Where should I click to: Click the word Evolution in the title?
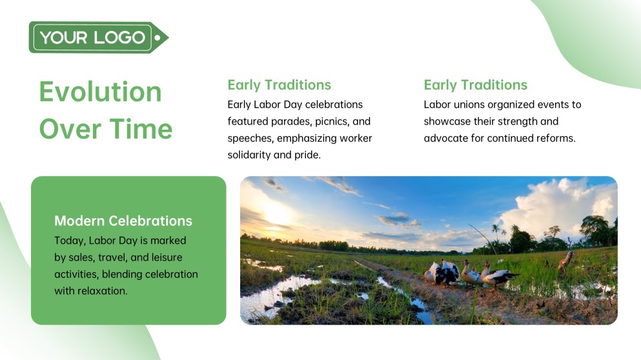tap(101, 92)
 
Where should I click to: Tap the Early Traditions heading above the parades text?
tap(279, 85)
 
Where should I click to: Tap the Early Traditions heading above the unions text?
tap(475, 85)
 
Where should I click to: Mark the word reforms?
tap(554, 138)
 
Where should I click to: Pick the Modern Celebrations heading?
tap(123, 221)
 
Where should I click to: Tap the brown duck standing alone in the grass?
tap(566, 260)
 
